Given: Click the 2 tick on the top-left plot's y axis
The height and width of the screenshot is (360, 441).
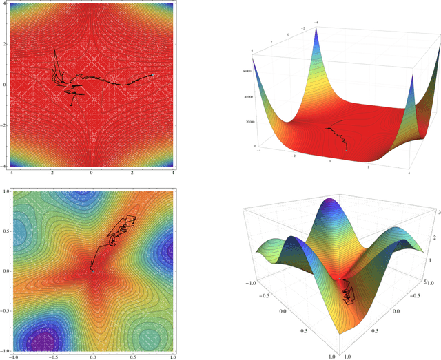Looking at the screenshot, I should (x=3, y=43).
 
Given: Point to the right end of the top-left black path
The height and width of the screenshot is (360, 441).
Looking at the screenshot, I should (x=152, y=75).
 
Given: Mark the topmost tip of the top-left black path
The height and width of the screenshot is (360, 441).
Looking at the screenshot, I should (x=54, y=48).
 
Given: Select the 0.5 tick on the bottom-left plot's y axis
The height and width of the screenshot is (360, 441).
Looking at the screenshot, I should (x=6, y=231).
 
